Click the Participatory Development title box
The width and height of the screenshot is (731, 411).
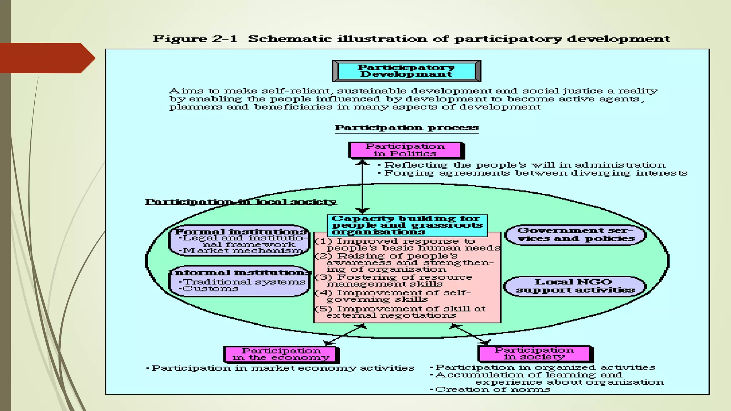coord(406,71)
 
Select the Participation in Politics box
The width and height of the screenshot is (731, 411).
coord(405,150)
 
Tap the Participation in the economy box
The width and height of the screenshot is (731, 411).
coord(281,354)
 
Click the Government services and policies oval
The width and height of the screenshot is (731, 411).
coord(575,235)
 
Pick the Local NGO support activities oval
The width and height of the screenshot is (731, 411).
coord(575,286)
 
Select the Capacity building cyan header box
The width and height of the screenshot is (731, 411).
coord(407,225)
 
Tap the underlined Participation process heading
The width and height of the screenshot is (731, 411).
coord(406,128)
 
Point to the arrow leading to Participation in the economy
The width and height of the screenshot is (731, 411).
coord(345,335)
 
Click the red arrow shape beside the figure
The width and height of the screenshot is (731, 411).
coord(46,58)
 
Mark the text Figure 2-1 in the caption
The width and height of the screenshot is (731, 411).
coord(195,39)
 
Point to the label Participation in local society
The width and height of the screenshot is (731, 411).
coord(241,202)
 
